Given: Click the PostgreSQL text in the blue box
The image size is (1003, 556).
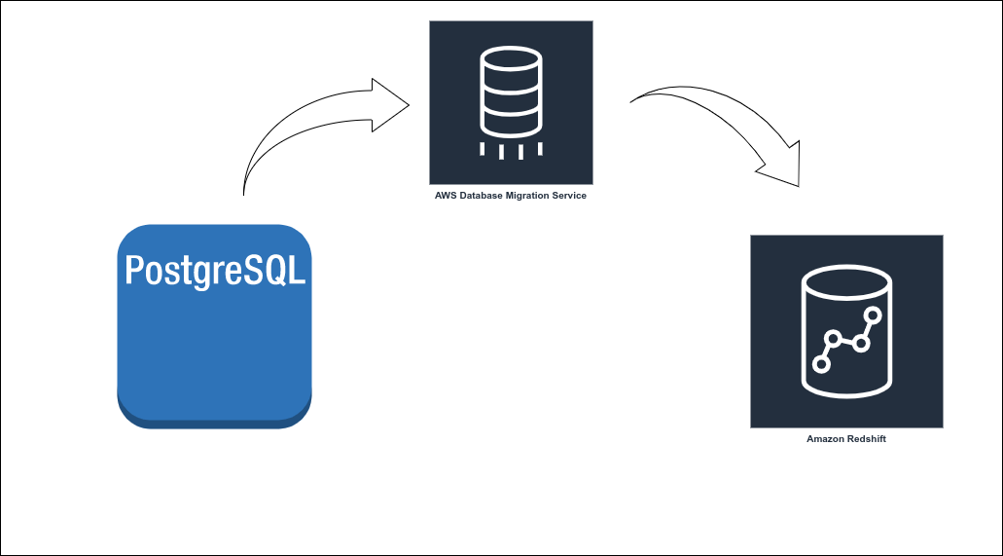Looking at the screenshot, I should pos(214,269).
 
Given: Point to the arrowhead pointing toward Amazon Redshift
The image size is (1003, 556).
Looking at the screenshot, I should pos(783,167).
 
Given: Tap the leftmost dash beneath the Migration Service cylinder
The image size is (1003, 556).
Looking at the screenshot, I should pos(483,150).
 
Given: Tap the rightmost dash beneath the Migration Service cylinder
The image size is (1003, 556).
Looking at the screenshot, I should pos(539,150).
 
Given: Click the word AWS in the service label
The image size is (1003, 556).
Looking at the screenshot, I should pos(446,196).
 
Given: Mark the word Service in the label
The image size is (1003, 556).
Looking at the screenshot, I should pos(571,196).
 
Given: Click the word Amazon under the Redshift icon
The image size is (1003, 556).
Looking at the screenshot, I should pos(827,439).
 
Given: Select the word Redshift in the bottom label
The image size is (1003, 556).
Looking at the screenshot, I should pos(868,439).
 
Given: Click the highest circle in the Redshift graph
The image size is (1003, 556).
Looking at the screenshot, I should pos(873,315).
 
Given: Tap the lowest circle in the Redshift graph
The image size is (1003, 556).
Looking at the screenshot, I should pos(821,364).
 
